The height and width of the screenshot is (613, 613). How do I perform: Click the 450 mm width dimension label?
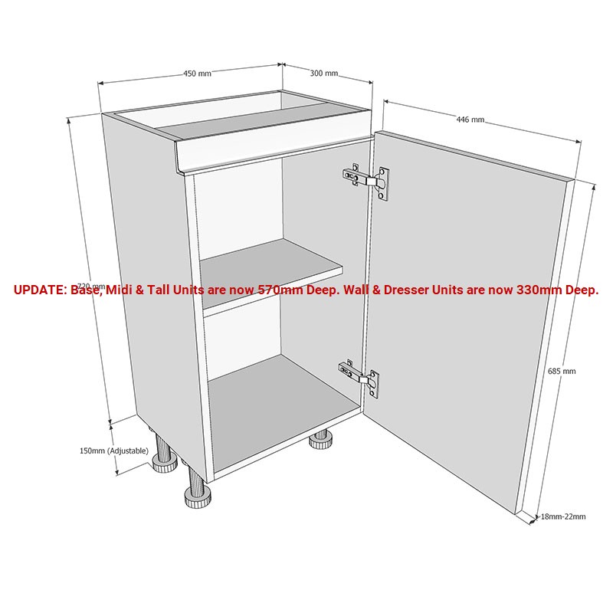click(x=197, y=74)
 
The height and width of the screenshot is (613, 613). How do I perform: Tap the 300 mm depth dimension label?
click(x=323, y=74)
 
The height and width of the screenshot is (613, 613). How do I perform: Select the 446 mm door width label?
click(x=470, y=120)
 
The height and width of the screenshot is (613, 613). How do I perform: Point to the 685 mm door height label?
click(x=562, y=371)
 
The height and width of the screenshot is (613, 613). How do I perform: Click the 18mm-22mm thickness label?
click(x=563, y=516)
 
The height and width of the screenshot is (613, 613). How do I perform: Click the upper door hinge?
click(x=366, y=181)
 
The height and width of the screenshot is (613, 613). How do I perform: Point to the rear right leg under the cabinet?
click(x=319, y=440)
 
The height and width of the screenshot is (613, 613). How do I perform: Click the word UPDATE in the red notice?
click(x=40, y=290)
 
